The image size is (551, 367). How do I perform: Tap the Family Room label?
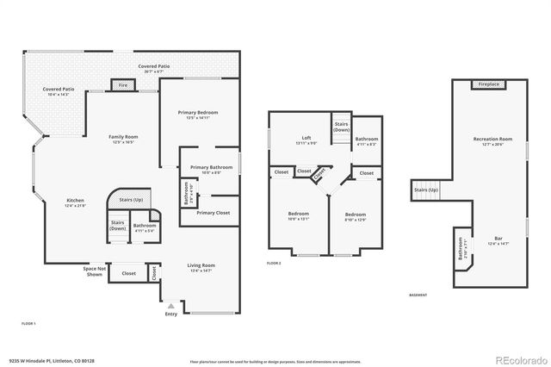123,138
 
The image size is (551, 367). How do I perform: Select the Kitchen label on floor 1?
76,201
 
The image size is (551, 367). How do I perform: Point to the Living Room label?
201,266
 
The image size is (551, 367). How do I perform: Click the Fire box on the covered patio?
122,85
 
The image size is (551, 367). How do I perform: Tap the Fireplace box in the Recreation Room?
487,84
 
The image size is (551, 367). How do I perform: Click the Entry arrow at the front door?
170,305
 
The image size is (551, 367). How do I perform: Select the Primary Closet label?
212,213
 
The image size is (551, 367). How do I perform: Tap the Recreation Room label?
492,140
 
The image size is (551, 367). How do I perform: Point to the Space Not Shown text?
95,271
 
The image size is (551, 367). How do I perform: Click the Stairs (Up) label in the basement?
426,190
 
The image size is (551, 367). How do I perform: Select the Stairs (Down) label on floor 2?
342,128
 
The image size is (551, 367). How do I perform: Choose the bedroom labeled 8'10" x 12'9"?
356,215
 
